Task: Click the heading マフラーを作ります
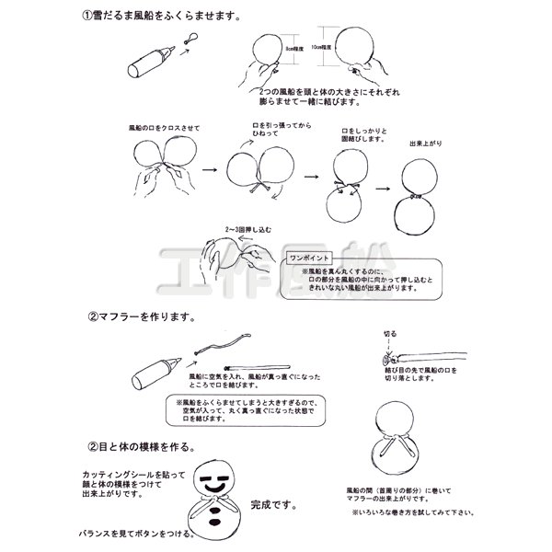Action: pyautogui.click(x=140, y=316)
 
